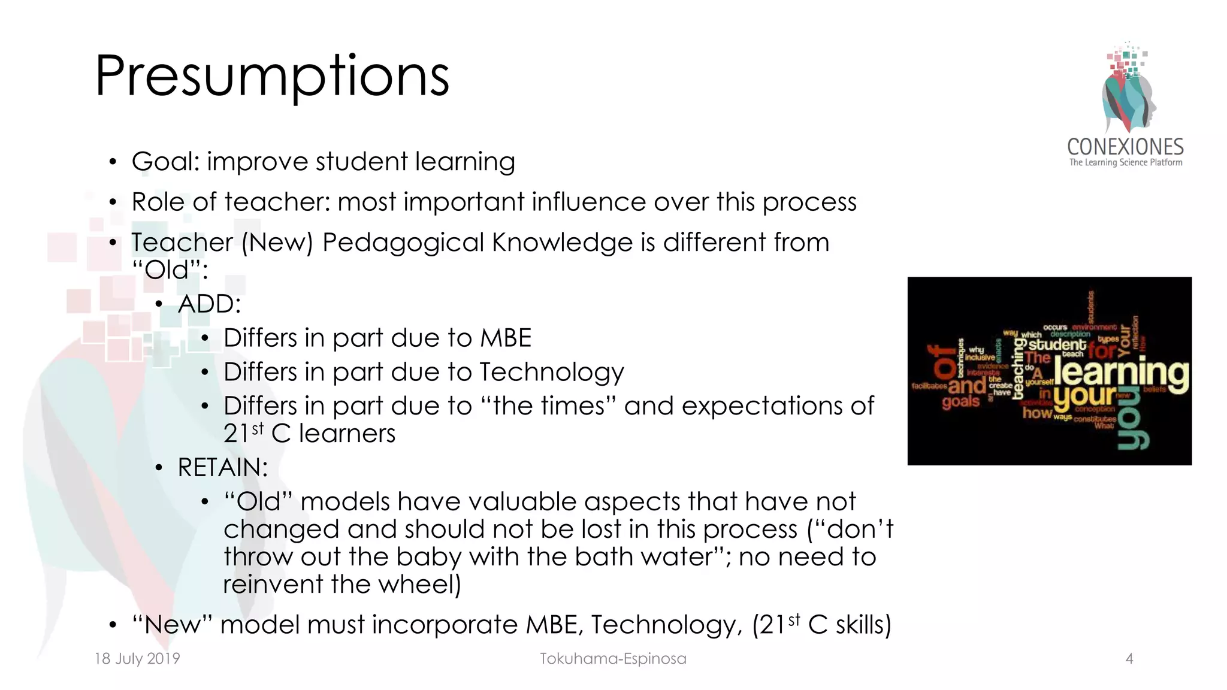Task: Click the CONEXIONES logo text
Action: point(1125,147)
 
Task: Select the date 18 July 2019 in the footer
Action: point(137,658)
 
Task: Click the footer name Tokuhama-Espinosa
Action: point(613,658)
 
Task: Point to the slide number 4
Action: point(1129,659)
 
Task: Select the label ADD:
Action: point(209,304)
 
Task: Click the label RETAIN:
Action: point(222,467)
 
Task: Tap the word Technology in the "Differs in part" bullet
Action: point(551,372)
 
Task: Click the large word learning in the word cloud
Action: point(1121,373)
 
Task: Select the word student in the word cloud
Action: point(1057,344)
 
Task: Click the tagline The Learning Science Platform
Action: point(1125,162)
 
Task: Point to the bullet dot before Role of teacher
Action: point(113,202)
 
